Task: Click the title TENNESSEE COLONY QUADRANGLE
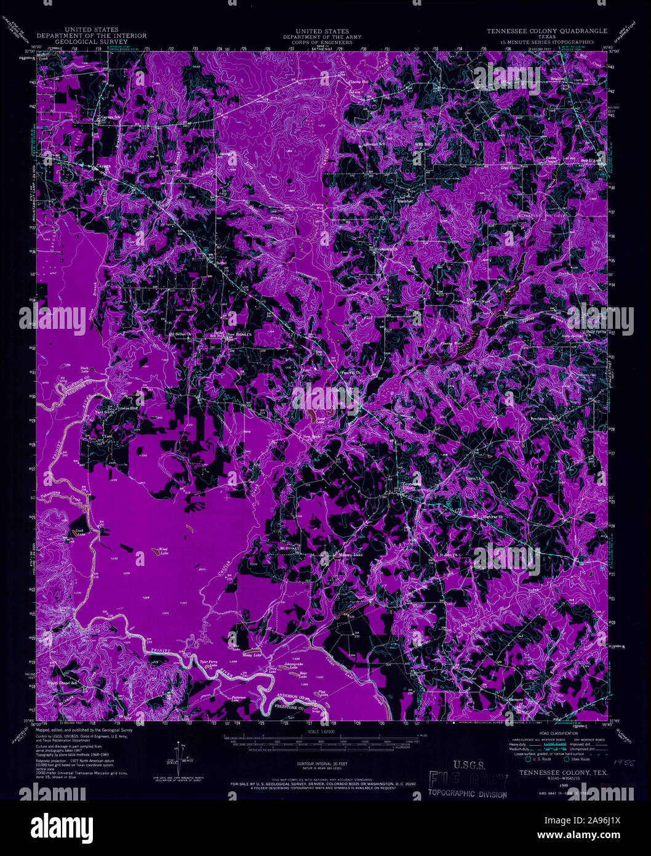547,30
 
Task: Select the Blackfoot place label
404,201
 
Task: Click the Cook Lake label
81,533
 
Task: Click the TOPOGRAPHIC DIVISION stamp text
468,794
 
